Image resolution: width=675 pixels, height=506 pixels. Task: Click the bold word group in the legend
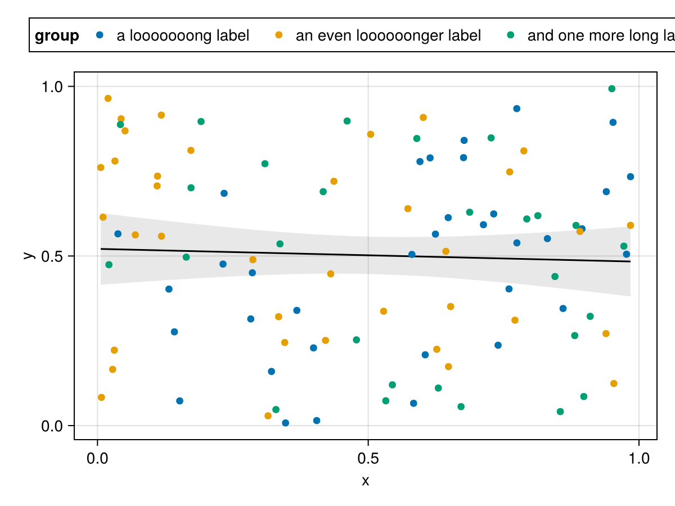[x=57, y=36]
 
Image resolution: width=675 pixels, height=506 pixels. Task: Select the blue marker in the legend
[x=100, y=35]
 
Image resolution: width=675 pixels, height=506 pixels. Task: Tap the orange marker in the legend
[x=278, y=35]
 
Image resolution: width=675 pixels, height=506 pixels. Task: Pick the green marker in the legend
[x=510, y=35]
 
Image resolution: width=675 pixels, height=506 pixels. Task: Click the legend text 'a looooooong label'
[x=183, y=36]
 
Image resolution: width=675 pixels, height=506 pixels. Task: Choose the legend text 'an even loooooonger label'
[x=388, y=36]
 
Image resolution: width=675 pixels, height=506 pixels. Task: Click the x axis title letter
[x=366, y=481]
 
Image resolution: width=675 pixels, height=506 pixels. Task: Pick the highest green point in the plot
[x=612, y=89]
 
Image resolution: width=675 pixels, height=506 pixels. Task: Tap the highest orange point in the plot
[x=108, y=98]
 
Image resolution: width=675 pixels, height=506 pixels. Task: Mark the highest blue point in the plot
[x=517, y=109]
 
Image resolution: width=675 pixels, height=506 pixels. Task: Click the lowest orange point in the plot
[x=268, y=416]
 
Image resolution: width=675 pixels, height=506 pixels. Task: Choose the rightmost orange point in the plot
[x=631, y=225]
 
